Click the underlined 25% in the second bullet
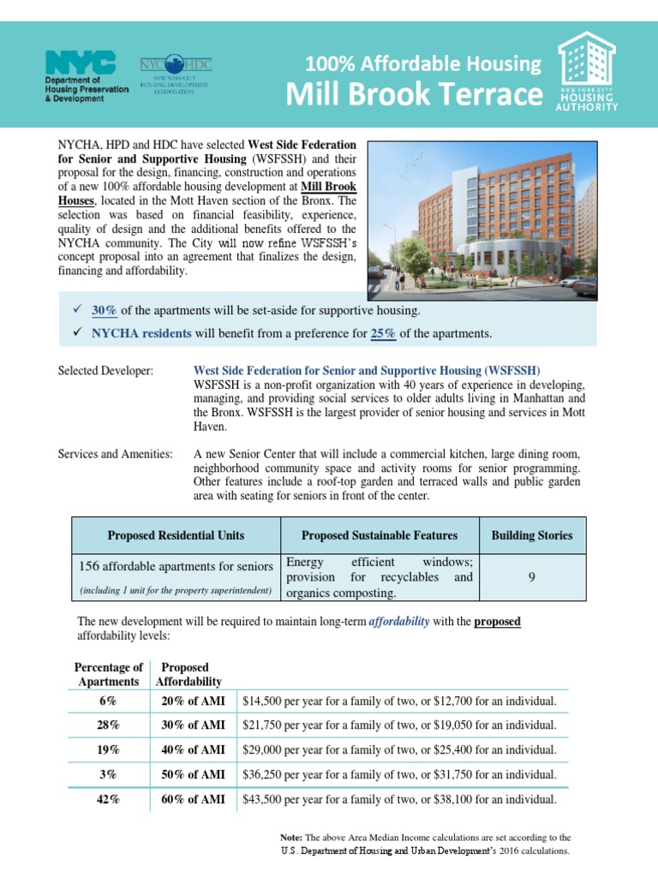(x=383, y=333)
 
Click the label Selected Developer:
(x=105, y=371)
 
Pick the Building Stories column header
(x=532, y=535)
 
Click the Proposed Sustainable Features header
(x=380, y=535)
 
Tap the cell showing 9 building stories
(x=532, y=577)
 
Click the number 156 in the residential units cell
(x=91, y=566)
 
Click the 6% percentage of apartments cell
(x=108, y=701)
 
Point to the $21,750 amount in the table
(x=265, y=725)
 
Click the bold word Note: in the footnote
(x=291, y=837)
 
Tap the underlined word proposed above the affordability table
(x=497, y=621)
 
